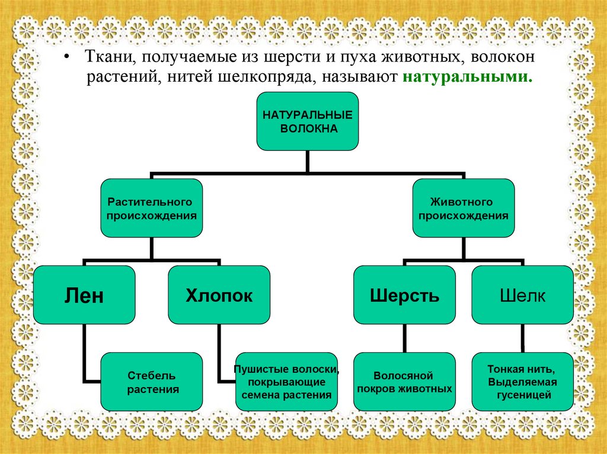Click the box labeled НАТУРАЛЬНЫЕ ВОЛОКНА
[x=307, y=121]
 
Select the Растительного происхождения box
[x=151, y=208]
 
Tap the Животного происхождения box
[x=464, y=208]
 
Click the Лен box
[x=84, y=295]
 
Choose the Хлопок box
[x=219, y=295]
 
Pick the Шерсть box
[x=404, y=295]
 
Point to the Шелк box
[x=522, y=295]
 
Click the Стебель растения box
[x=151, y=382]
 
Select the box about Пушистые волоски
[x=286, y=382]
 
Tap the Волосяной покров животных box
[x=404, y=382]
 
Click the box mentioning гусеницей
[x=522, y=382]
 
